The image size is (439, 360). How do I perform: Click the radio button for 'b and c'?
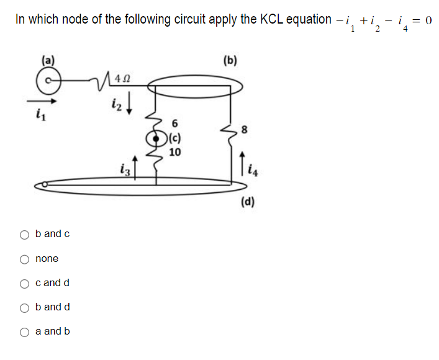click(x=25, y=235)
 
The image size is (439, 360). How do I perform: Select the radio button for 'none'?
click(x=25, y=259)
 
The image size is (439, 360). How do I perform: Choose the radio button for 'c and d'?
click(x=25, y=283)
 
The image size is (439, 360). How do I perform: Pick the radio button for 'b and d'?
click(x=25, y=307)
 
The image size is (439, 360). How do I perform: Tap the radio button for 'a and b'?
click(x=25, y=331)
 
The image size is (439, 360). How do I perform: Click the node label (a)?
click(x=48, y=61)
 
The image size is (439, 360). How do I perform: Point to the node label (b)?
click(x=230, y=61)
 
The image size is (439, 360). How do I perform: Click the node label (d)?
click(x=248, y=202)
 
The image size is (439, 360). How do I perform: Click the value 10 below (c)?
click(x=174, y=151)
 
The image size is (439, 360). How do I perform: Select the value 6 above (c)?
click(x=175, y=123)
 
